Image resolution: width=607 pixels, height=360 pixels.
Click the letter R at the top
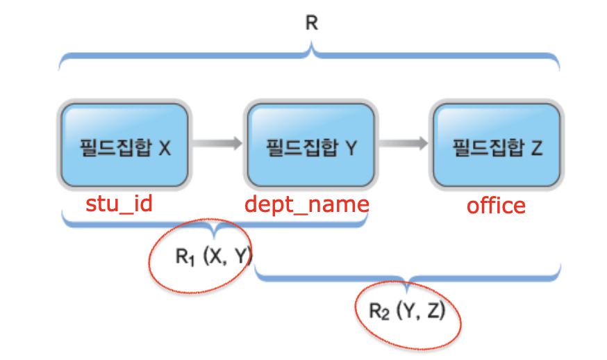(x=311, y=23)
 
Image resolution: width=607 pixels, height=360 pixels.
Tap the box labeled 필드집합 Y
(x=310, y=145)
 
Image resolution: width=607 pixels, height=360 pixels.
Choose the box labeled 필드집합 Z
(x=496, y=145)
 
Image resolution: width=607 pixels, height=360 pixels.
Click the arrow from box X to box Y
(x=217, y=144)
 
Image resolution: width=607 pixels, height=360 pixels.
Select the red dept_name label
(x=306, y=204)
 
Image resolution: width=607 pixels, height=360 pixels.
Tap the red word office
(x=496, y=206)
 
